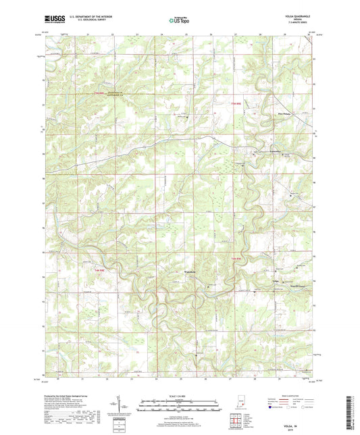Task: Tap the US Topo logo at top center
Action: tap(180, 21)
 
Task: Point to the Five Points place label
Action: tap(269, 116)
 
